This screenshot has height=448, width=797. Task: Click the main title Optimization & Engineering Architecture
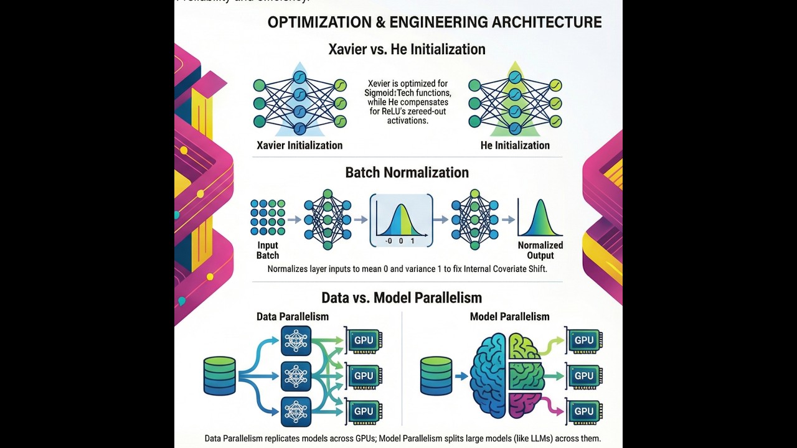pyautogui.click(x=434, y=22)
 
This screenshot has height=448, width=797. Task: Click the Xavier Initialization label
pyautogui.click(x=299, y=146)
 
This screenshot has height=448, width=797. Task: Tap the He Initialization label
pyautogui.click(x=515, y=146)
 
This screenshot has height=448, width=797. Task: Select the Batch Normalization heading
pyautogui.click(x=407, y=172)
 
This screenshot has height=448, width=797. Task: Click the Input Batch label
pyautogui.click(x=268, y=250)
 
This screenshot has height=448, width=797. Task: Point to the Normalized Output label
pyautogui.click(x=540, y=250)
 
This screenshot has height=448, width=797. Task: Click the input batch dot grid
pyautogui.click(x=268, y=217)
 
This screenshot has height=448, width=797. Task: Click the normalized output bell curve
pyautogui.click(x=540, y=218)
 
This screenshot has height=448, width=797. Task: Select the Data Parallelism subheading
pyautogui.click(x=293, y=317)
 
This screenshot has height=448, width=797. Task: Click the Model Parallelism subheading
pyautogui.click(x=509, y=317)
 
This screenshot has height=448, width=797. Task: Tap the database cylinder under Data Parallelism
pyautogui.click(x=220, y=376)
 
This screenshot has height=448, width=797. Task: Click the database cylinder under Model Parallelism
pyautogui.click(x=436, y=376)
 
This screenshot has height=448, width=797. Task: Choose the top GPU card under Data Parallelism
pyautogui.click(x=364, y=341)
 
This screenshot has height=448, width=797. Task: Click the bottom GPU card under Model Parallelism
pyautogui.click(x=583, y=411)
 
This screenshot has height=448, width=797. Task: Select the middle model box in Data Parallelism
pyautogui.click(x=296, y=376)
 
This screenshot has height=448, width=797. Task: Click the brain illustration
pyautogui.click(x=506, y=376)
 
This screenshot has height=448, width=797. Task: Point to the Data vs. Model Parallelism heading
pyautogui.click(x=402, y=297)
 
